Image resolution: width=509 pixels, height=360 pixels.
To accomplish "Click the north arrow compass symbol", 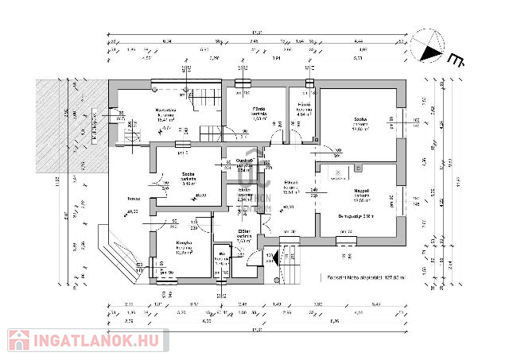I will (x=430, y=47).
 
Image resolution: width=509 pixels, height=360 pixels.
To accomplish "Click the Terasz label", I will (x=122, y=198).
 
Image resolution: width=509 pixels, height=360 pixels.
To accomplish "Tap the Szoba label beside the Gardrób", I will (x=188, y=173).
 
